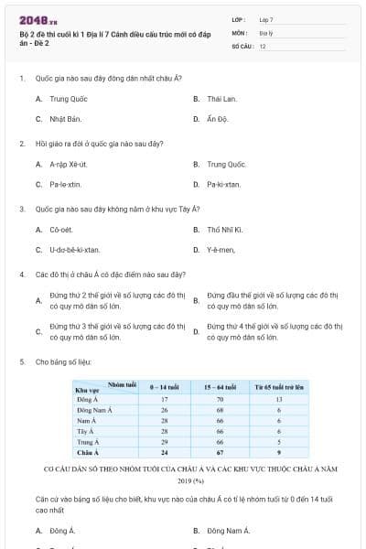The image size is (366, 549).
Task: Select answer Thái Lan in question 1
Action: tap(221, 98)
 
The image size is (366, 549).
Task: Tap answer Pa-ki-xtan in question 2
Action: tap(224, 185)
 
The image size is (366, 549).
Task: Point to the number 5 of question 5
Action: tap(21, 362)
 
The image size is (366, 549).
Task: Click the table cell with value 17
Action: tap(165, 400)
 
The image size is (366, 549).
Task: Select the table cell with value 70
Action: tap(220, 400)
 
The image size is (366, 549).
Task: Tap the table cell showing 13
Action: tap(278, 400)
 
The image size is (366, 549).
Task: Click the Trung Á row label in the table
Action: tap(88, 442)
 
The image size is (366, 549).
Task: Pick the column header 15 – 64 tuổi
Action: tap(220, 388)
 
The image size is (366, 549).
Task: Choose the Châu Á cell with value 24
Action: tap(165, 452)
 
